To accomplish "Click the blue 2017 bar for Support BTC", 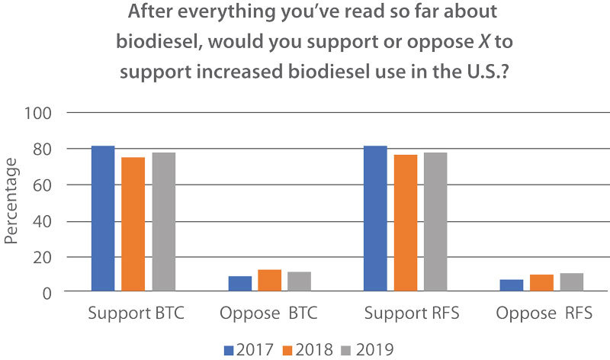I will tap(103, 218).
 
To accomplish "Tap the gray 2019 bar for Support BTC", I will tap(163, 221).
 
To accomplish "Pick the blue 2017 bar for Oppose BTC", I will tap(239, 283).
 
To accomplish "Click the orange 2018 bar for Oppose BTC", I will tap(269, 280).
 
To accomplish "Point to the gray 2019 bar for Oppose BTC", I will tap(299, 281).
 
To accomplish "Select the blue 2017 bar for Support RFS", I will tap(375, 218).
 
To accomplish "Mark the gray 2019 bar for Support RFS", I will tap(435, 221).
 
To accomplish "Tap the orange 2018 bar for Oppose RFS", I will tap(541, 282).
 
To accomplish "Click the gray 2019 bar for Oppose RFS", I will tap(571, 281).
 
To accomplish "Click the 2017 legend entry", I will tap(252, 349).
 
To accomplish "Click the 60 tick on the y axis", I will tap(47, 185).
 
